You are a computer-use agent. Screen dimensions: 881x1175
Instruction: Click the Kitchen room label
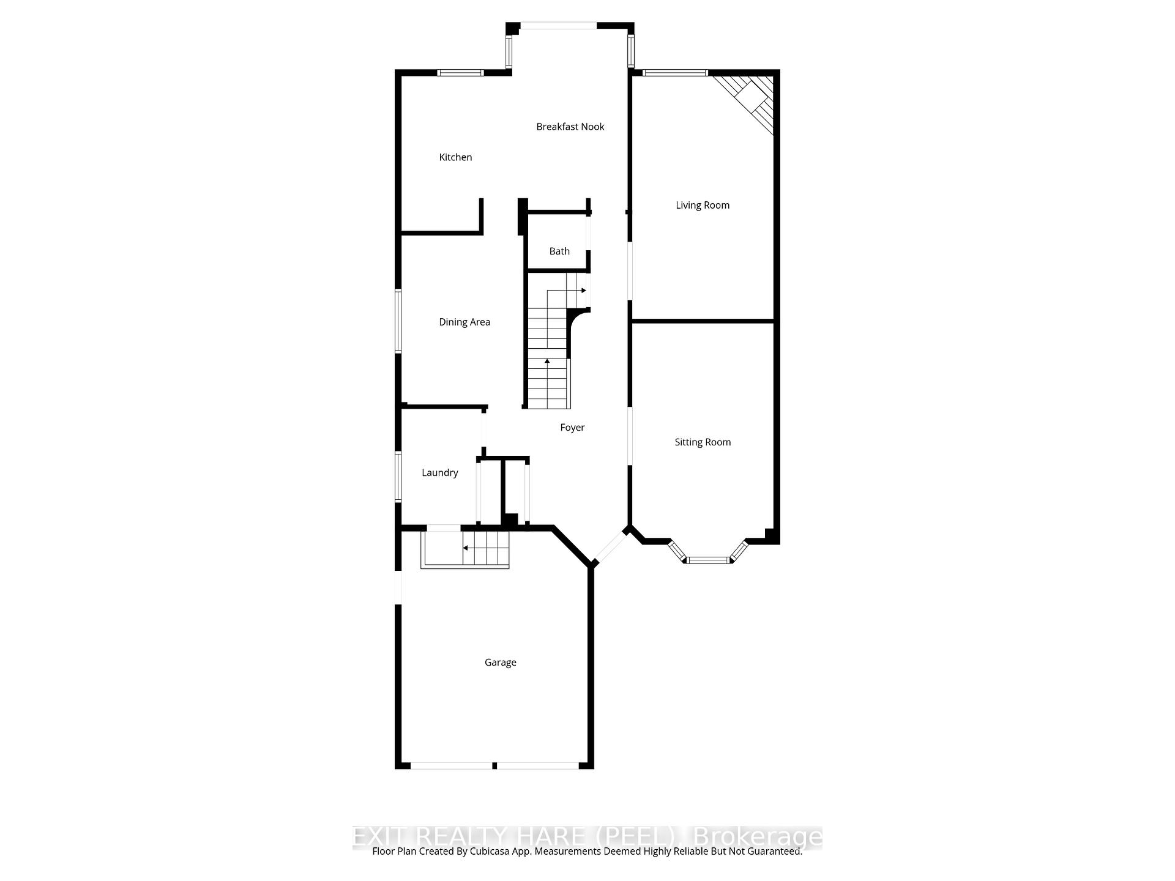click(x=455, y=157)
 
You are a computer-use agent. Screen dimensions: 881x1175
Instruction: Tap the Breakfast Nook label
click(x=570, y=127)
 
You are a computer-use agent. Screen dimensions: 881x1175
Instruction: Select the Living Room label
click(x=702, y=205)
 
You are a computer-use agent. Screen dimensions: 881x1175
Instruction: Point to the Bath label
click(x=559, y=251)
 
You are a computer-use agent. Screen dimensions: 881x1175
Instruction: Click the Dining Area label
click(x=464, y=322)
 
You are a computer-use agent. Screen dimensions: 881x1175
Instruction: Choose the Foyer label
click(x=572, y=428)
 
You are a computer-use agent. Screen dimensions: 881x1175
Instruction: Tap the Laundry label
click(x=439, y=472)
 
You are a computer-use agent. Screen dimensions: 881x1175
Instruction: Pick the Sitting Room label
click(x=702, y=442)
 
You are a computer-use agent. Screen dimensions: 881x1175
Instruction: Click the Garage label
click(x=500, y=662)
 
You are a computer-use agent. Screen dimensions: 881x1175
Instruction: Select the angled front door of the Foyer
click(x=611, y=547)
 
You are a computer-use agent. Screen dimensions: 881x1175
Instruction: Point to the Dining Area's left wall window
click(x=398, y=321)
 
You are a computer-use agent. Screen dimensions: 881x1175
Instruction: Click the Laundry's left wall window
click(x=398, y=477)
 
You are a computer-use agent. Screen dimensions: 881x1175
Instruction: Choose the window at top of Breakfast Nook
click(x=558, y=26)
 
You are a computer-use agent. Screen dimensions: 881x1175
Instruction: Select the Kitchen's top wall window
click(x=460, y=73)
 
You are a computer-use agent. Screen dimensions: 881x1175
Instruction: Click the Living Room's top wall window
click(x=674, y=73)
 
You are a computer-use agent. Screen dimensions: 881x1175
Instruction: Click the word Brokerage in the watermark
click(x=758, y=836)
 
